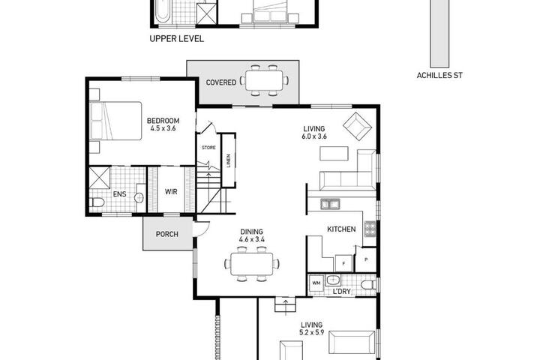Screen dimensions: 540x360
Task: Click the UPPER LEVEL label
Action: click(x=177, y=39)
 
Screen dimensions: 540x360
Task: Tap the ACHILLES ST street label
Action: click(x=439, y=76)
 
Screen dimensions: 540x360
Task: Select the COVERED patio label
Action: click(x=221, y=82)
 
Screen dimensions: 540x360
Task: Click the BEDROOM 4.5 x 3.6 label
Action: click(x=163, y=124)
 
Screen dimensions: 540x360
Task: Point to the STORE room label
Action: click(x=208, y=148)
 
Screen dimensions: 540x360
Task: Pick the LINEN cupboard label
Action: click(x=229, y=160)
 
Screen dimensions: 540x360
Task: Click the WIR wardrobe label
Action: click(x=171, y=191)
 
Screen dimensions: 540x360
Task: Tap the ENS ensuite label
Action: click(x=119, y=194)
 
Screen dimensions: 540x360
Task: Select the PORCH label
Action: click(x=167, y=234)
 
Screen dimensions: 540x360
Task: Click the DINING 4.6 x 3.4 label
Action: click(x=252, y=235)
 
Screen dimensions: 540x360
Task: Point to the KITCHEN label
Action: click(x=341, y=229)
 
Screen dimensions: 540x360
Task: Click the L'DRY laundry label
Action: click(x=342, y=292)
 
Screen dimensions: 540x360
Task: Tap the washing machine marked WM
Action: click(x=316, y=283)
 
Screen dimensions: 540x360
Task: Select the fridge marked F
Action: click(x=343, y=263)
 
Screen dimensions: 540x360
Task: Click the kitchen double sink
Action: click(x=330, y=204)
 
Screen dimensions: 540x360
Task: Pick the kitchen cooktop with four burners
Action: click(x=370, y=229)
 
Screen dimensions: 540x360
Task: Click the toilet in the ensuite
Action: click(x=97, y=202)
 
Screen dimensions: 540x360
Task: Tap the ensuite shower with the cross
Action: click(x=100, y=178)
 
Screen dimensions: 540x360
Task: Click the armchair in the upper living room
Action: click(x=358, y=126)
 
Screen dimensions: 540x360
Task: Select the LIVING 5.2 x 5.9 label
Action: click(x=312, y=328)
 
